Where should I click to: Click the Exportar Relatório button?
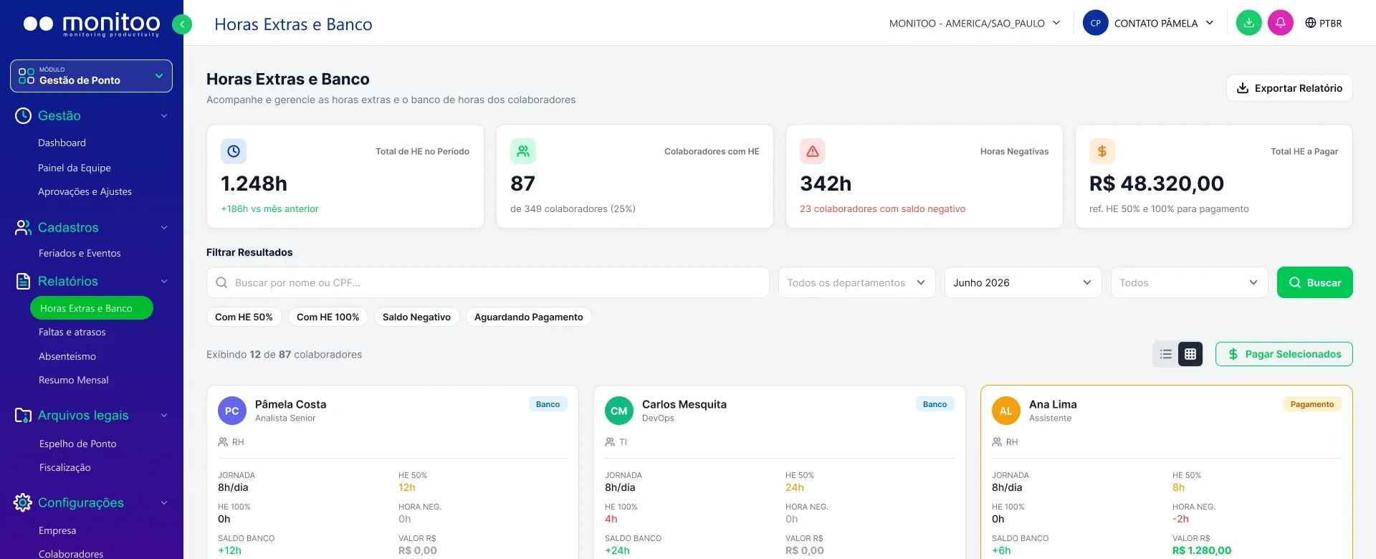tap(1289, 88)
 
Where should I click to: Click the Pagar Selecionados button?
tap(1284, 354)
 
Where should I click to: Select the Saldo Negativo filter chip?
tap(416, 317)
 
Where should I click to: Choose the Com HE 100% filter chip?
tap(328, 317)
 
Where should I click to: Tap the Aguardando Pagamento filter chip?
tap(528, 317)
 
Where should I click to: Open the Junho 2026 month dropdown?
tap(1023, 282)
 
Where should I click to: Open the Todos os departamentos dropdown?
tap(856, 282)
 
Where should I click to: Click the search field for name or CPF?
tap(487, 282)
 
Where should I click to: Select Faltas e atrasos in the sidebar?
tap(72, 332)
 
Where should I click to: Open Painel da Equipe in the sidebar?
tap(75, 168)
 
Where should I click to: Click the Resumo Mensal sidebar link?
tap(74, 380)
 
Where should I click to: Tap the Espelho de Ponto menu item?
tap(78, 444)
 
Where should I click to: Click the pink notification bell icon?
tap(1280, 23)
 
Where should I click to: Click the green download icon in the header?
tap(1248, 23)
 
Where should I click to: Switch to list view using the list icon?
tap(1166, 354)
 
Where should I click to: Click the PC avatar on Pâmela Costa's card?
tap(231, 411)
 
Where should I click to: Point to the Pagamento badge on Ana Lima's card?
tap(1311, 404)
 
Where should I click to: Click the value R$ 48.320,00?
tap(1157, 183)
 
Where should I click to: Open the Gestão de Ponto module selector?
tap(91, 76)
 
